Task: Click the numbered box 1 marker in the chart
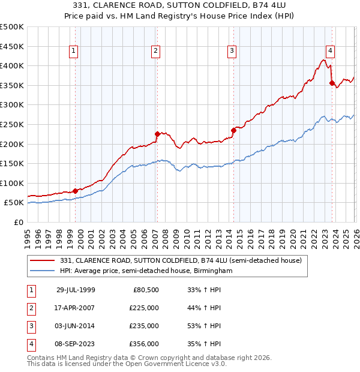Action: (73, 52)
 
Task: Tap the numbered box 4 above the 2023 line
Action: (330, 52)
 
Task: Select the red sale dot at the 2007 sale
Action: (157, 134)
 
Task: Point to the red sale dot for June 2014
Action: (233, 130)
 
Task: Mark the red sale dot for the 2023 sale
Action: (332, 83)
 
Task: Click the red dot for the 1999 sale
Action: (75, 191)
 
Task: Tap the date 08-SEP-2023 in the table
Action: (76, 344)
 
